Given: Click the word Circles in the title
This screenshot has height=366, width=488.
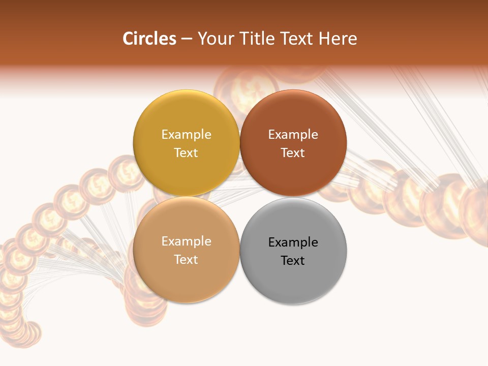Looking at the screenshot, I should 149,39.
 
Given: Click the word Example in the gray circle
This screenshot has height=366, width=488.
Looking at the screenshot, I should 293,242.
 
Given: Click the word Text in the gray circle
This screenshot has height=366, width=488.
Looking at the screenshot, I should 293,261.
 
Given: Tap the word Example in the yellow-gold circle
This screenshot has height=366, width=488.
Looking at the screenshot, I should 186,135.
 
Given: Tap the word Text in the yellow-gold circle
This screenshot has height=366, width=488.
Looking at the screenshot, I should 186,153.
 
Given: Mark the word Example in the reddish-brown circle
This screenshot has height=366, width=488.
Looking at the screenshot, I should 293,135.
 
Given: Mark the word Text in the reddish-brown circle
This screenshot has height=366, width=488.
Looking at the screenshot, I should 293,153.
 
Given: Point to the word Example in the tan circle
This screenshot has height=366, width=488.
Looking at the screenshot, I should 186,241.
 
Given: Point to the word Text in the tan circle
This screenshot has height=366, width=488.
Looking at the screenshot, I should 186,260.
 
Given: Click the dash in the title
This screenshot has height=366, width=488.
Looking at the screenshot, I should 187,39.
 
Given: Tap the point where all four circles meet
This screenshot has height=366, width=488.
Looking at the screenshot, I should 240,197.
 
